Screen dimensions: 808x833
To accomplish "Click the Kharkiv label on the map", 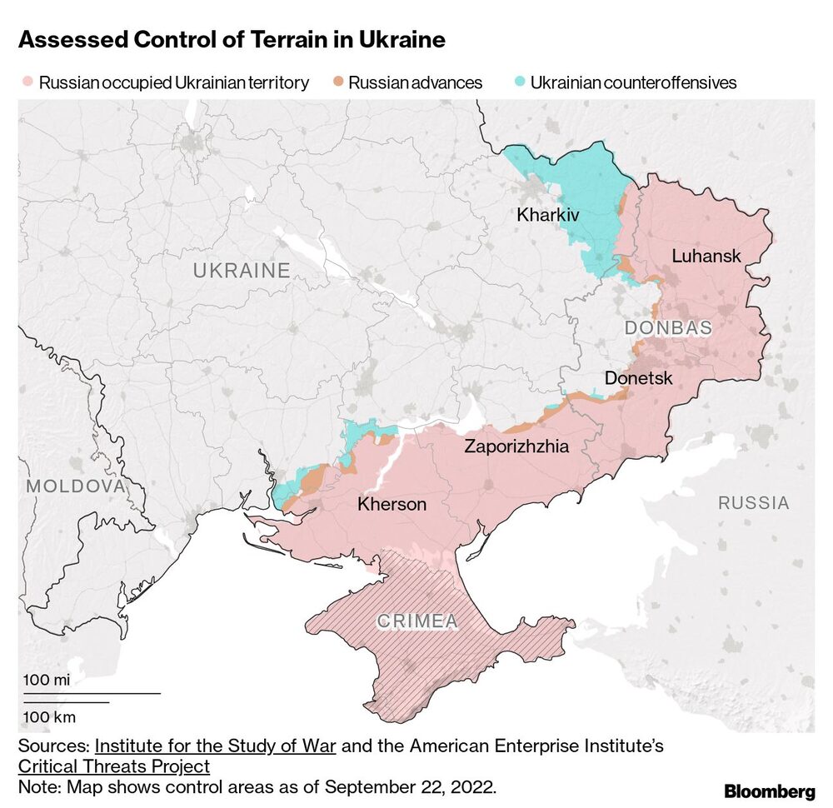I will point(547,215).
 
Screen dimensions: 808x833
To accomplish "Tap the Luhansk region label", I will point(706,256).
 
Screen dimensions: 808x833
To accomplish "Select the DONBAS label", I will point(668,328).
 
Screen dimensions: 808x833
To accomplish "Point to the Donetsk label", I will point(638,378).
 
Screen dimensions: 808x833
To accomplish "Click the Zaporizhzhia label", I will point(516,446).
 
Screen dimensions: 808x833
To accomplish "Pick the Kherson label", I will point(392,504).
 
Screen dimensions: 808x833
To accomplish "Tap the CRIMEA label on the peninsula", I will point(417,621).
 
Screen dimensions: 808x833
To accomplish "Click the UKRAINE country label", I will point(242,271).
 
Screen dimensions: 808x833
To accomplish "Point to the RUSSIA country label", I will point(753,503).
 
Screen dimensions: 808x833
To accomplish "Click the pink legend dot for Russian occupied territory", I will point(27,82).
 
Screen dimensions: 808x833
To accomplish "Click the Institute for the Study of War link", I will point(215,746).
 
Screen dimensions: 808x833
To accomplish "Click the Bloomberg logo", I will point(769,791).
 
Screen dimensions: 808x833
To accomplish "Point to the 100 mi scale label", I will point(46,680).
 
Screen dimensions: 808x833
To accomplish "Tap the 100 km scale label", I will point(48,716).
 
